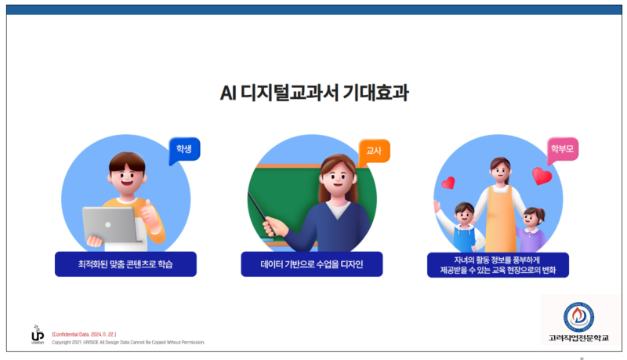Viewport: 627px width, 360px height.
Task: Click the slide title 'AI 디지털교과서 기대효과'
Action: (313, 93)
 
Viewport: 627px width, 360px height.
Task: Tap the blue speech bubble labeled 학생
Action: (184, 148)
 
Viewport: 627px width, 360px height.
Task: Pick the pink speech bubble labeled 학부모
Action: (562, 148)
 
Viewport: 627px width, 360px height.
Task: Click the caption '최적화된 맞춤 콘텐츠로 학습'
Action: (125, 264)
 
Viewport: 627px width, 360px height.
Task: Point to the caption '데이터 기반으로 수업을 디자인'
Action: (311, 264)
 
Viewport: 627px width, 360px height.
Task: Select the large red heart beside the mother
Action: (542, 176)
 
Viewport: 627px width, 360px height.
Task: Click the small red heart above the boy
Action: (448, 183)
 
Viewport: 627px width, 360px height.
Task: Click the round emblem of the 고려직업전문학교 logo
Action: (578, 316)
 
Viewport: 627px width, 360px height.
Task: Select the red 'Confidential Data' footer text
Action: (84, 334)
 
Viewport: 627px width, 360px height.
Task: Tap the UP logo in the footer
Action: (37, 336)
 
